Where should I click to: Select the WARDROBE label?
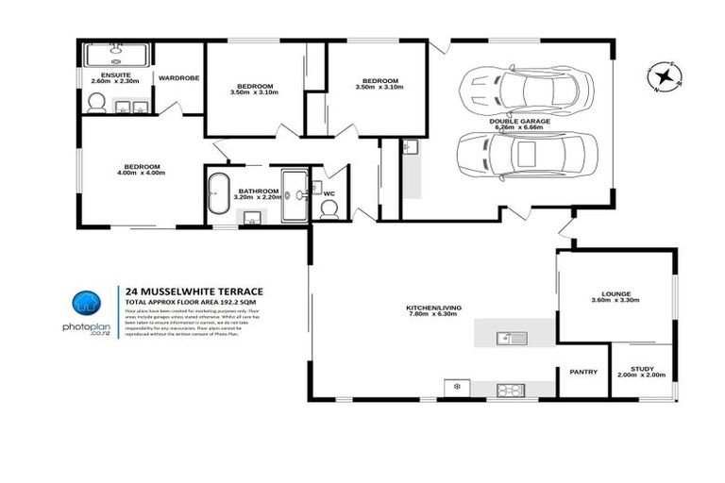(178, 77)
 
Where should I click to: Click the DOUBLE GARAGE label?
(520, 122)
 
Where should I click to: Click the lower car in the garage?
(526, 154)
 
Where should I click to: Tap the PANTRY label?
(582, 372)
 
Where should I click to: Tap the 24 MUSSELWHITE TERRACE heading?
(194, 291)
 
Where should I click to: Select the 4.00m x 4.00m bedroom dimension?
(141, 174)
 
